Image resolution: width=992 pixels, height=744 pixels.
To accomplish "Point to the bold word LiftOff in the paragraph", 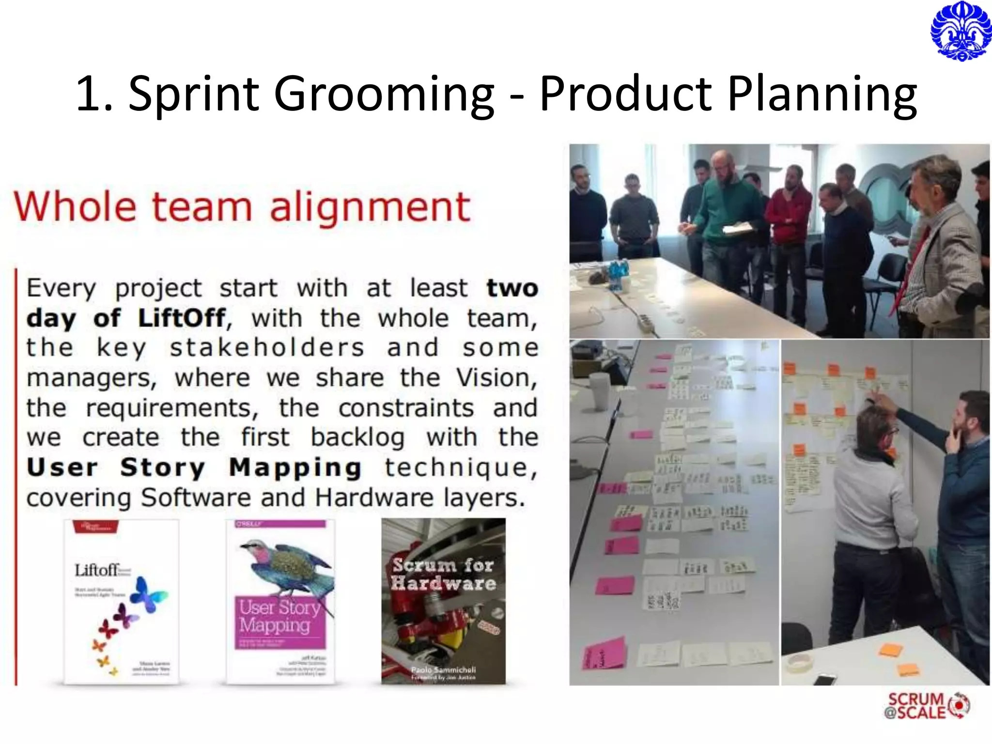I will click(182, 318).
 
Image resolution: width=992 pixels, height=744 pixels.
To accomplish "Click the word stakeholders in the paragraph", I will click(267, 348).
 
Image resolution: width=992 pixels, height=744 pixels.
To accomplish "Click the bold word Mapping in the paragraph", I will click(295, 467).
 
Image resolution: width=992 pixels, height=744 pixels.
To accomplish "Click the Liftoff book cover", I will click(121, 602).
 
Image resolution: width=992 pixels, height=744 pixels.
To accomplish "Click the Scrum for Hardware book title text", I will click(443, 574).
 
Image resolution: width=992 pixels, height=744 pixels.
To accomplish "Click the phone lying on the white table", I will click(825, 679).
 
